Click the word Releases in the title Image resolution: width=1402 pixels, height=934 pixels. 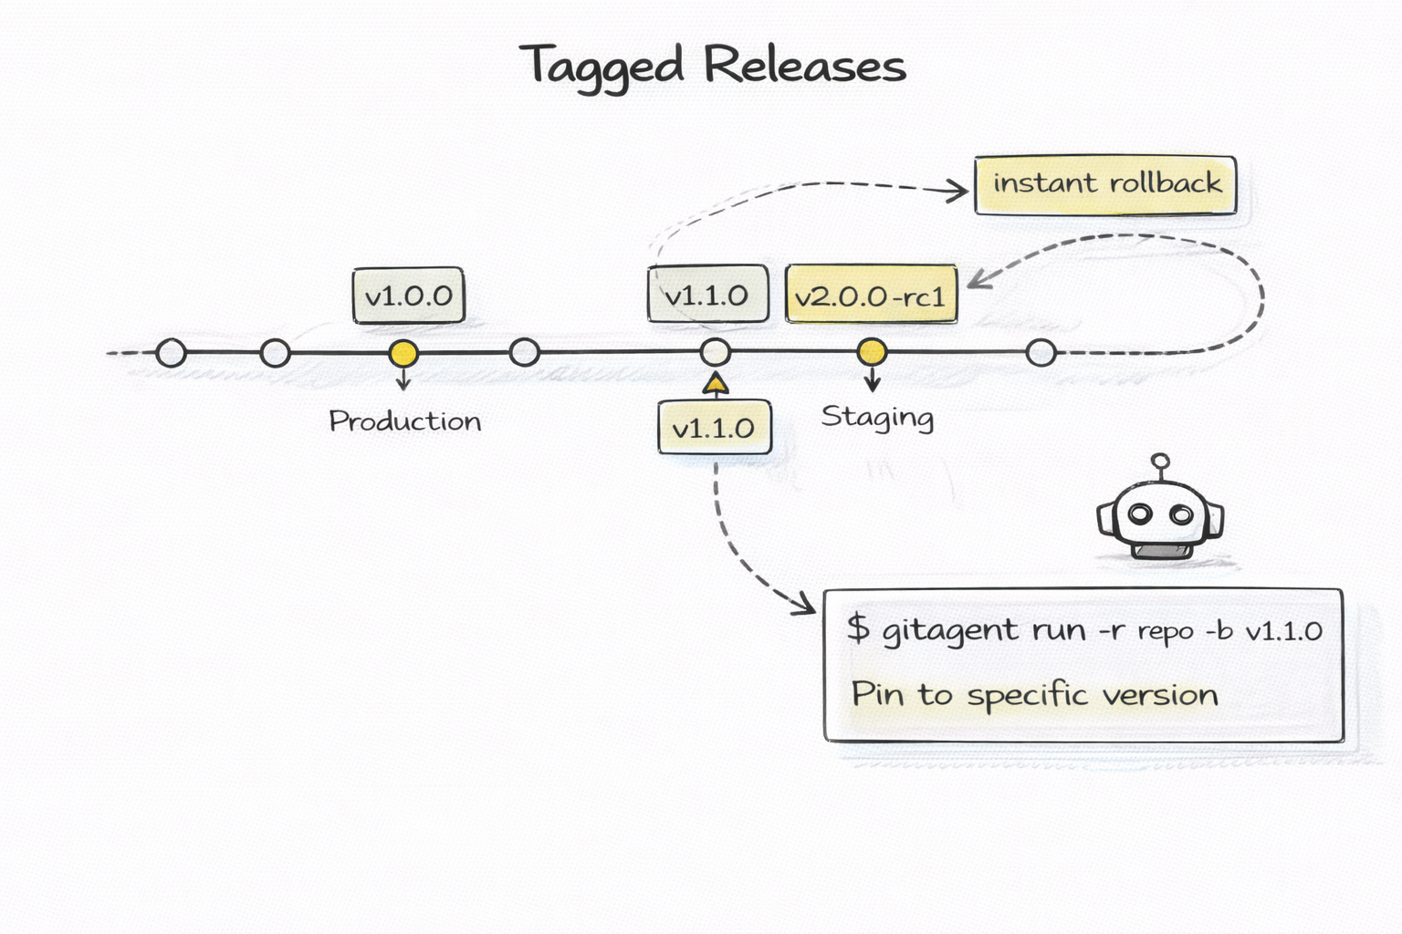click(804, 66)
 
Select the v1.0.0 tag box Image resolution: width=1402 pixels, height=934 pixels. click(408, 296)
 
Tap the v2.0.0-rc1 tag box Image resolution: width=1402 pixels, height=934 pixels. click(871, 296)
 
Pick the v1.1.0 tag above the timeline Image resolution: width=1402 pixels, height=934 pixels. click(706, 296)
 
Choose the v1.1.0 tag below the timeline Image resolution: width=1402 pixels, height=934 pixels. click(714, 428)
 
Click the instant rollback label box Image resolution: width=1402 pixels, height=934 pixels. click(1105, 184)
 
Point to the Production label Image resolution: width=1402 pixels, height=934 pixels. click(404, 421)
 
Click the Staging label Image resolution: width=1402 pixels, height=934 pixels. click(876, 418)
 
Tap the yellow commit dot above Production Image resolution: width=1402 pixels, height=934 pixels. click(403, 353)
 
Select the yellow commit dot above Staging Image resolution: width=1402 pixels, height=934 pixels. click(872, 351)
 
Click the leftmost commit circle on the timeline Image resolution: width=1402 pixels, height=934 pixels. click(171, 353)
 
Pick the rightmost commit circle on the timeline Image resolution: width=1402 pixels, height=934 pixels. click(1041, 352)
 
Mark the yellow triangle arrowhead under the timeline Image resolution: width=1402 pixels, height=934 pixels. click(716, 384)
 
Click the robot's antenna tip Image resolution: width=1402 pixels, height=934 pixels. click(1160, 462)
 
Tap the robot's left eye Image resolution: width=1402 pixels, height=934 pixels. click(1140, 514)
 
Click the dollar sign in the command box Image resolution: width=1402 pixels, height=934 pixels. click(857, 628)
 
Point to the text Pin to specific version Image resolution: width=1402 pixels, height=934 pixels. click(1034, 695)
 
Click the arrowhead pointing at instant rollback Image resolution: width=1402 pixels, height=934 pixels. click(958, 191)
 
